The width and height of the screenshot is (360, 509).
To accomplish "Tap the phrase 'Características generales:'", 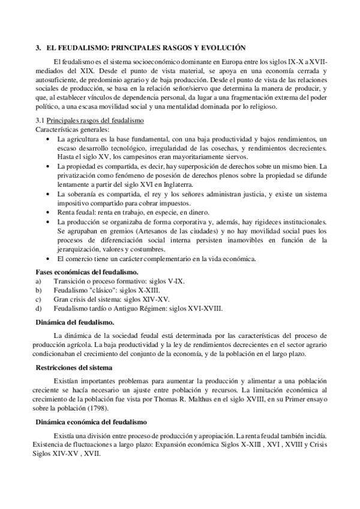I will click(x=73, y=129).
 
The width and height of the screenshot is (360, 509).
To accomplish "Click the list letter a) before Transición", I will click(x=39, y=280).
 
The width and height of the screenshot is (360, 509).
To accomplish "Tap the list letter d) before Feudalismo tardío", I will click(x=39, y=308).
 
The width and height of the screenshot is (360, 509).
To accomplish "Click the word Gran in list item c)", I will click(x=62, y=299).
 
